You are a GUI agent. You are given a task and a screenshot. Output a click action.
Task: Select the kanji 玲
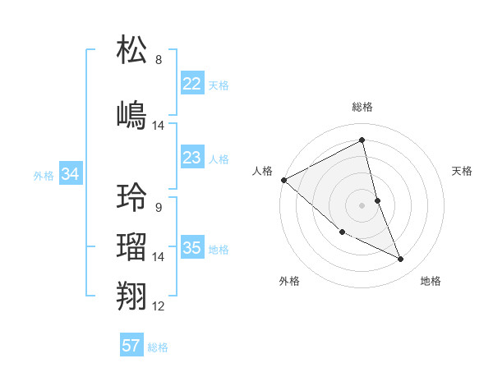pyautogui.click(x=132, y=197)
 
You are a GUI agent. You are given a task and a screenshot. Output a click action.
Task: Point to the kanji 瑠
pyautogui.click(x=132, y=246)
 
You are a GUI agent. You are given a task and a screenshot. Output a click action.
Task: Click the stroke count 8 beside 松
pyautogui.click(x=159, y=60)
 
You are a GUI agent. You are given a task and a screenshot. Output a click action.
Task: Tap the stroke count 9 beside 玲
pyautogui.click(x=159, y=208)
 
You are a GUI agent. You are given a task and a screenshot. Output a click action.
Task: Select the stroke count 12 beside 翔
pyautogui.click(x=159, y=306)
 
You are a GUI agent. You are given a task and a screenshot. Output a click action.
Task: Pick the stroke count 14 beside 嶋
pyautogui.click(x=159, y=126)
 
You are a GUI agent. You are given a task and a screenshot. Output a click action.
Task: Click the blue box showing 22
pyautogui.click(x=191, y=83)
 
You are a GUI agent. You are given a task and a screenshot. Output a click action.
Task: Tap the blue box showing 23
pyautogui.click(x=191, y=157)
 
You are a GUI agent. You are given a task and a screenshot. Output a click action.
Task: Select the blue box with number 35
pyautogui.click(x=191, y=247)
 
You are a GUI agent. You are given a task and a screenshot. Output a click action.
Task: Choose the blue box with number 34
pyautogui.click(x=70, y=173)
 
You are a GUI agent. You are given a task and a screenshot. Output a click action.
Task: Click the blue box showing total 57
pyautogui.click(x=131, y=346)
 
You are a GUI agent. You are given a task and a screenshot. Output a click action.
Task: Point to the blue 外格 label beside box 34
pyautogui.click(x=44, y=175)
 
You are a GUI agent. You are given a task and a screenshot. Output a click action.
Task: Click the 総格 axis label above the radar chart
pyautogui.click(x=362, y=107)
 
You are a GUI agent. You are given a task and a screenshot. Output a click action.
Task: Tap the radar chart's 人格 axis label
pyautogui.click(x=262, y=171)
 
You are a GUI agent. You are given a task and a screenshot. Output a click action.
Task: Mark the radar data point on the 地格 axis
pyautogui.click(x=401, y=260)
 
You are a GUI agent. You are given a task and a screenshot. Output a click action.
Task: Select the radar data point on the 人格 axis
pyautogui.click(x=283, y=180)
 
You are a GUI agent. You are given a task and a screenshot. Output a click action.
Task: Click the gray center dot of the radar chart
pyautogui.click(x=362, y=204)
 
